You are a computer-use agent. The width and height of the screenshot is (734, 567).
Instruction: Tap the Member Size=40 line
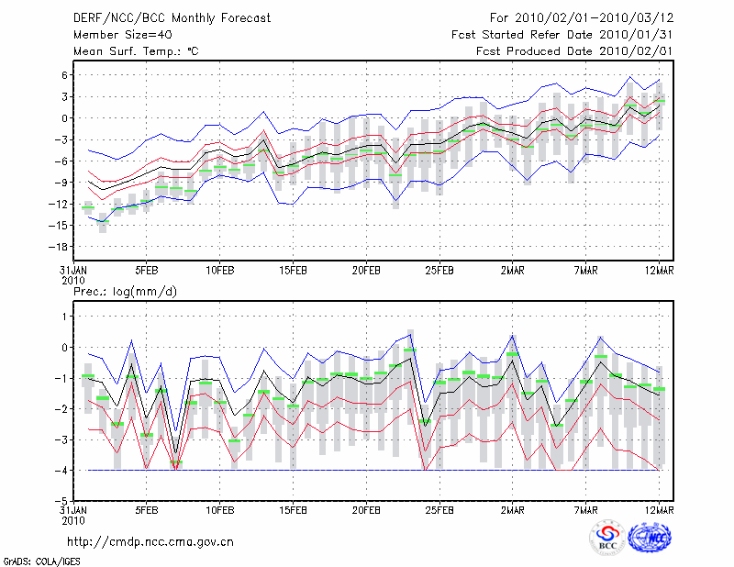121,35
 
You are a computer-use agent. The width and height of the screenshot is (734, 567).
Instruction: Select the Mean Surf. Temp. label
135,51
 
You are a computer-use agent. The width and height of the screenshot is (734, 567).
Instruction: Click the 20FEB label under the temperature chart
366,272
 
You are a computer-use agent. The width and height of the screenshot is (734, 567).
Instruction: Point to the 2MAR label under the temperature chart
513,272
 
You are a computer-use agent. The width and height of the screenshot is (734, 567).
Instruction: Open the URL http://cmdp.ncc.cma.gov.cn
150,541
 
